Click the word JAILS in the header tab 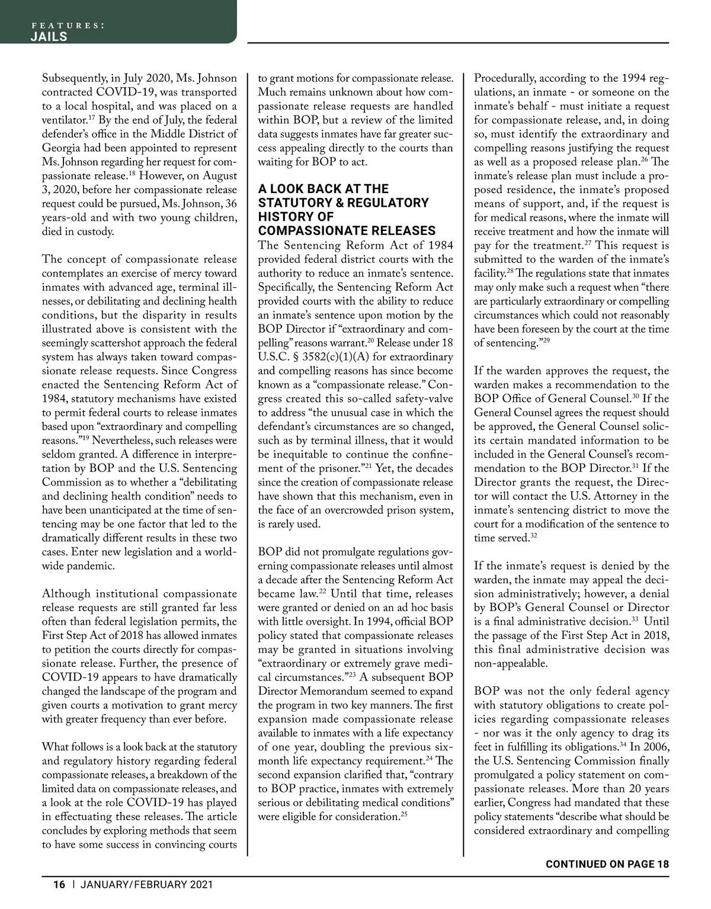point(49,37)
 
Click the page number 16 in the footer point(59,885)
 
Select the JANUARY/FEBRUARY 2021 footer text point(147,885)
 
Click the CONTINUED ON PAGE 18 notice point(607,864)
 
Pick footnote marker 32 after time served point(533,535)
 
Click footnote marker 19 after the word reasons point(85,438)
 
